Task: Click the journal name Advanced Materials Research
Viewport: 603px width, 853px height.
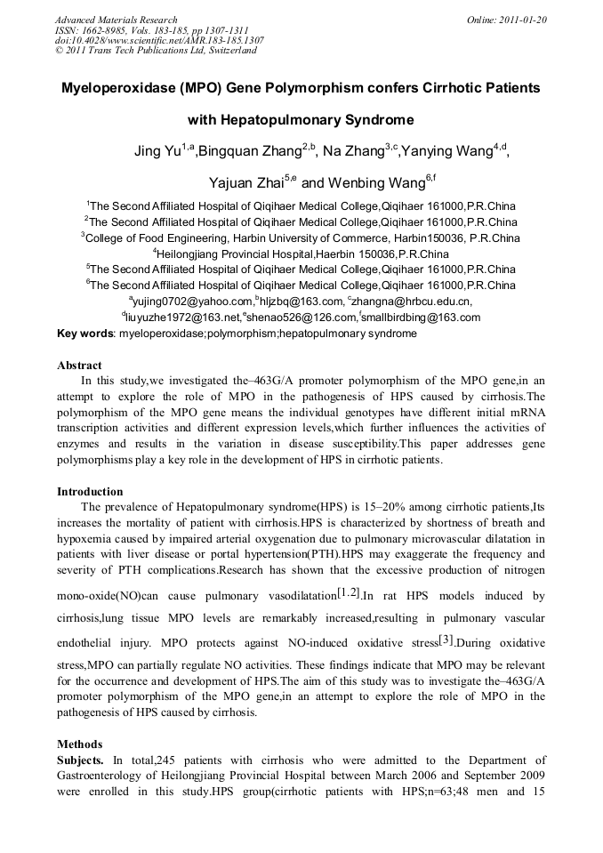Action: click(x=116, y=20)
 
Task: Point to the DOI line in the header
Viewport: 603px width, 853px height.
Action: click(x=159, y=40)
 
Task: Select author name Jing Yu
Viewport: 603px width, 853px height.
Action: click(x=157, y=151)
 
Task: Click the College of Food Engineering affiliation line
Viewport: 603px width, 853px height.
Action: click(x=301, y=237)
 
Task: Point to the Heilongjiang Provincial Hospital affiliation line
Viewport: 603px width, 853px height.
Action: click(x=301, y=253)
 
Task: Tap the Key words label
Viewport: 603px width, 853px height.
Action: click(x=85, y=334)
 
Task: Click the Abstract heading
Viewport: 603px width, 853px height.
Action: click(x=79, y=366)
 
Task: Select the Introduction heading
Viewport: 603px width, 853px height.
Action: click(x=90, y=492)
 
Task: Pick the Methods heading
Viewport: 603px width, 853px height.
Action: click(x=79, y=744)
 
